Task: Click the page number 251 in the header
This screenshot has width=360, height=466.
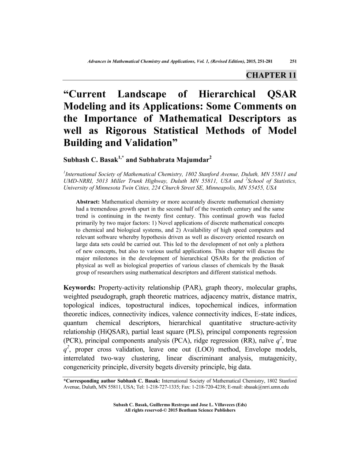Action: [x=292, y=61]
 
